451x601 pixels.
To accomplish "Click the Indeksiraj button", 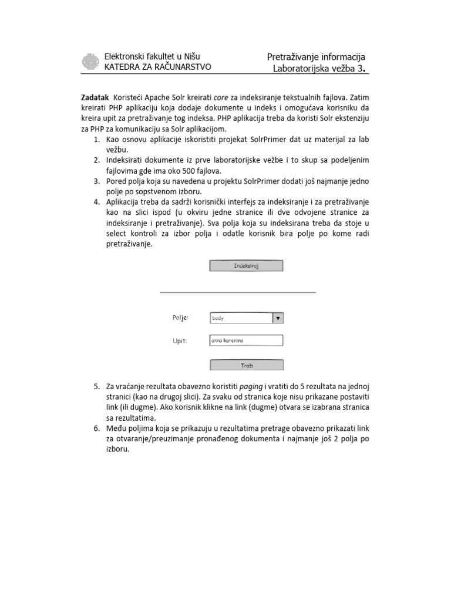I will [x=246, y=266].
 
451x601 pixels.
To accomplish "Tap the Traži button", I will [x=246, y=365].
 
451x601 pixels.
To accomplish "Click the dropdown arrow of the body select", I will [x=278, y=318].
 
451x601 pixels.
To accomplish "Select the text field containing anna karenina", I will [x=246, y=340].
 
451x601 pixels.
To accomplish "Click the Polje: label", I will [x=180, y=318].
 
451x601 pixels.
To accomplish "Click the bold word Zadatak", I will [x=95, y=96].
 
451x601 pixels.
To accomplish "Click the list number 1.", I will [x=97, y=139].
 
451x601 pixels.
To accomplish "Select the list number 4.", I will [x=97, y=202].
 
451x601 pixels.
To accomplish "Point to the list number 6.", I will [x=97, y=429].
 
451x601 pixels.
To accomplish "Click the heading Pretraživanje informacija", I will [x=316, y=57].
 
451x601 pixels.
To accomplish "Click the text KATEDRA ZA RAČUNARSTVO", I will [x=157, y=67].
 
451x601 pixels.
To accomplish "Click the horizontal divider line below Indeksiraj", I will [x=238, y=292].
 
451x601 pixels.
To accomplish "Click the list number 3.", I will [x=97, y=181].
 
